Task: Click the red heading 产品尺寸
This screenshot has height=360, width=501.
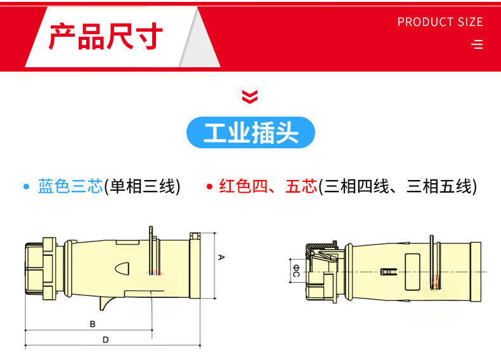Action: click(106, 36)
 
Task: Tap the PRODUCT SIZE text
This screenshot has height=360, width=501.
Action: click(440, 22)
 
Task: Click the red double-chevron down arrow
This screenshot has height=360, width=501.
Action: click(249, 97)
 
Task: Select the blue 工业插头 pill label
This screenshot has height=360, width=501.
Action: click(251, 132)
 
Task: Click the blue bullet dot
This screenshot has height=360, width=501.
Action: click(27, 186)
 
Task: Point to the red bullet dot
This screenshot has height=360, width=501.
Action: click(210, 186)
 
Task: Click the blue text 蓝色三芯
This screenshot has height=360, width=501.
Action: click(70, 186)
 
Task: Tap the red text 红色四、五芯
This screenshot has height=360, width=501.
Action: click(268, 186)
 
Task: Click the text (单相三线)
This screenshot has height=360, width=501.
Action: click(142, 186)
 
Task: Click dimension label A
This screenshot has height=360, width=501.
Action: click(221, 257)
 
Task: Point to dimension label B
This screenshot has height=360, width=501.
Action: click(93, 325)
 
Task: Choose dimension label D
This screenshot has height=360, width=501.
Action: click(106, 340)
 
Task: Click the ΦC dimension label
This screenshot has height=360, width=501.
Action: click(296, 271)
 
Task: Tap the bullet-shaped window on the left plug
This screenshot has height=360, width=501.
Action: click(122, 269)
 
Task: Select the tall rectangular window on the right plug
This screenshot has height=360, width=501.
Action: click(412, 272)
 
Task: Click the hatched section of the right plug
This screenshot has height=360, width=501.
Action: click(320, 248)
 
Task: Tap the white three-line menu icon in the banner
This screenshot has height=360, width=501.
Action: click(477, 44)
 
